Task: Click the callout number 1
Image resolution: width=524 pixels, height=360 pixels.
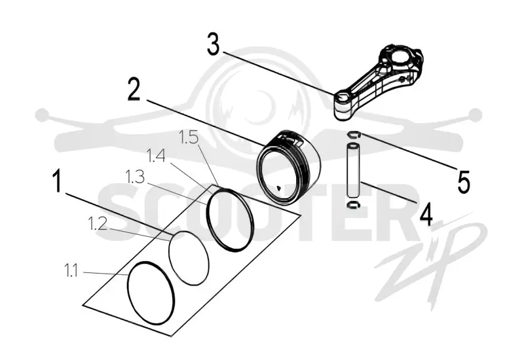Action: [x=57, y=181]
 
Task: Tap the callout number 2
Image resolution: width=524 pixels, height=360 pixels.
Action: [x=134, y=89]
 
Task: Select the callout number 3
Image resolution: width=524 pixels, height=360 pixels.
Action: [x=214, y=44]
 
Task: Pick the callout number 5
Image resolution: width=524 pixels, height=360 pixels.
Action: [x=464, y=182]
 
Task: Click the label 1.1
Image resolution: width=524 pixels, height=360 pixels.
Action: [x=71, y=270]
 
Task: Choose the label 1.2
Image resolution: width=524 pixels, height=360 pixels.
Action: [x=98, y=223]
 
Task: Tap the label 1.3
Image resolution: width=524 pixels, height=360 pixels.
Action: [x=135, y=177]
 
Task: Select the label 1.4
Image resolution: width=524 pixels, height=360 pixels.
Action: [x=156, y=156]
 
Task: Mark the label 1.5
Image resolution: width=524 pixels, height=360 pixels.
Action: [x=189, y=137]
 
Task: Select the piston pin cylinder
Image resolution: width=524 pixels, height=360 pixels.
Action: [x=353, y=170]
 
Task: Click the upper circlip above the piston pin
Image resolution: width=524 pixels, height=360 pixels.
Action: [x=353, y=135]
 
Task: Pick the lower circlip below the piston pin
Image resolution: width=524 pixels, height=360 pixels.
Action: [x=353, y=205]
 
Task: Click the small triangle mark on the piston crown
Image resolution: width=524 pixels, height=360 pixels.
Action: [x=279, y=189]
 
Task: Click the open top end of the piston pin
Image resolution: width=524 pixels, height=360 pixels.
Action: [x=353, y=146]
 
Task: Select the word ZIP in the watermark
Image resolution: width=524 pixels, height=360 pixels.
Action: [x=431, y=262]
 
